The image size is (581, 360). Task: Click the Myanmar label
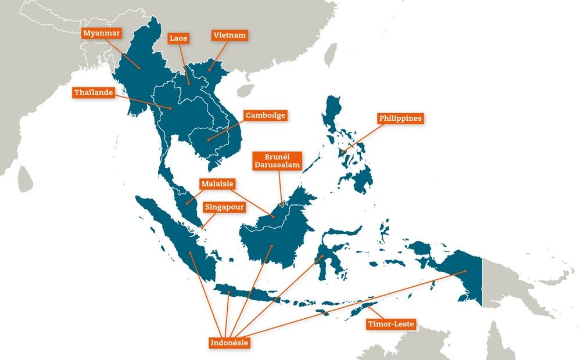(x=102, y=33)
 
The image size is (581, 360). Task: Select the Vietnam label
(x=229, y=35)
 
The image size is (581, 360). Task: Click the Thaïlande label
(x=94, y=92)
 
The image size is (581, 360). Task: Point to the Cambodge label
(x=265, y=115)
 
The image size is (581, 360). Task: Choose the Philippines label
(x=400, y=118)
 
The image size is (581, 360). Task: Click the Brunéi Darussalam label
(x=277, y=161)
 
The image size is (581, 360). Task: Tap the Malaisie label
(x=217, y=183)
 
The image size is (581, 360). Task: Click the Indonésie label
(x=229, y=343)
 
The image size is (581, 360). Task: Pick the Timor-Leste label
(x=391, y=324)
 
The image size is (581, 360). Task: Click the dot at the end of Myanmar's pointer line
(x=139, y=68)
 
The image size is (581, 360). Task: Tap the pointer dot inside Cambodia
(x=208, y=139)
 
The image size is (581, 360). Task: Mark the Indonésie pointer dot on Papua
(x=465, y=272)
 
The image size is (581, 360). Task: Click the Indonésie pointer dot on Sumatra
(x=190, y=254)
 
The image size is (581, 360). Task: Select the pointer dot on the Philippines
(x=343, y=152)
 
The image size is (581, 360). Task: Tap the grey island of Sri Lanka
(x=24, y=180)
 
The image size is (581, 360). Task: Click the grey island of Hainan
(x=245, y=91)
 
